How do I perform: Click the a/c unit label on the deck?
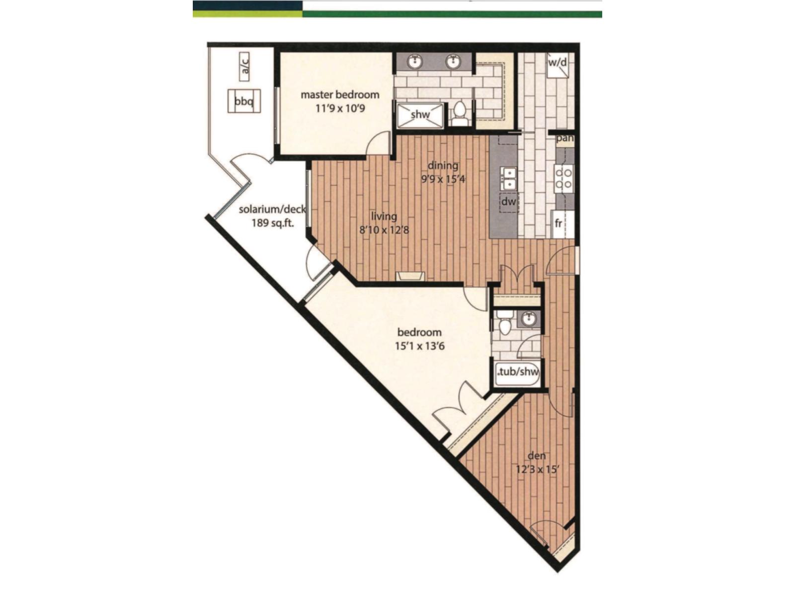[x=244, y=66]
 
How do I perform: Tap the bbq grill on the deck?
[x=244, y=101]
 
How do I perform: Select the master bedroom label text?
[x=340, y=94]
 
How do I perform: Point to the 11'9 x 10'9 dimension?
[x=340, y=108]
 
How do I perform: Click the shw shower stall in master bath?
[x=420, y=115]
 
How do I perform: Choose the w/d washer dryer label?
[x=557, y=63]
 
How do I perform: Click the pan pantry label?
[x=565, y=139]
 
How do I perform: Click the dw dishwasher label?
[x=508, y=202]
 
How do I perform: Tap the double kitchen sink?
[x=509, y=179]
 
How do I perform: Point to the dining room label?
[x=443, y=165]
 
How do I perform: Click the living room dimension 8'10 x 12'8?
[x=384, y=229]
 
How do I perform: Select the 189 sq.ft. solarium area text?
[x=273, y=223]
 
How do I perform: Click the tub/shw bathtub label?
[x=518, y=372]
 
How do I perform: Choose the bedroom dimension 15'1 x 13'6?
[x=419, y=346]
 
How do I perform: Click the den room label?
[x=537, y=455]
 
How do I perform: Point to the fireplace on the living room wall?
[x=410, y=276]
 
